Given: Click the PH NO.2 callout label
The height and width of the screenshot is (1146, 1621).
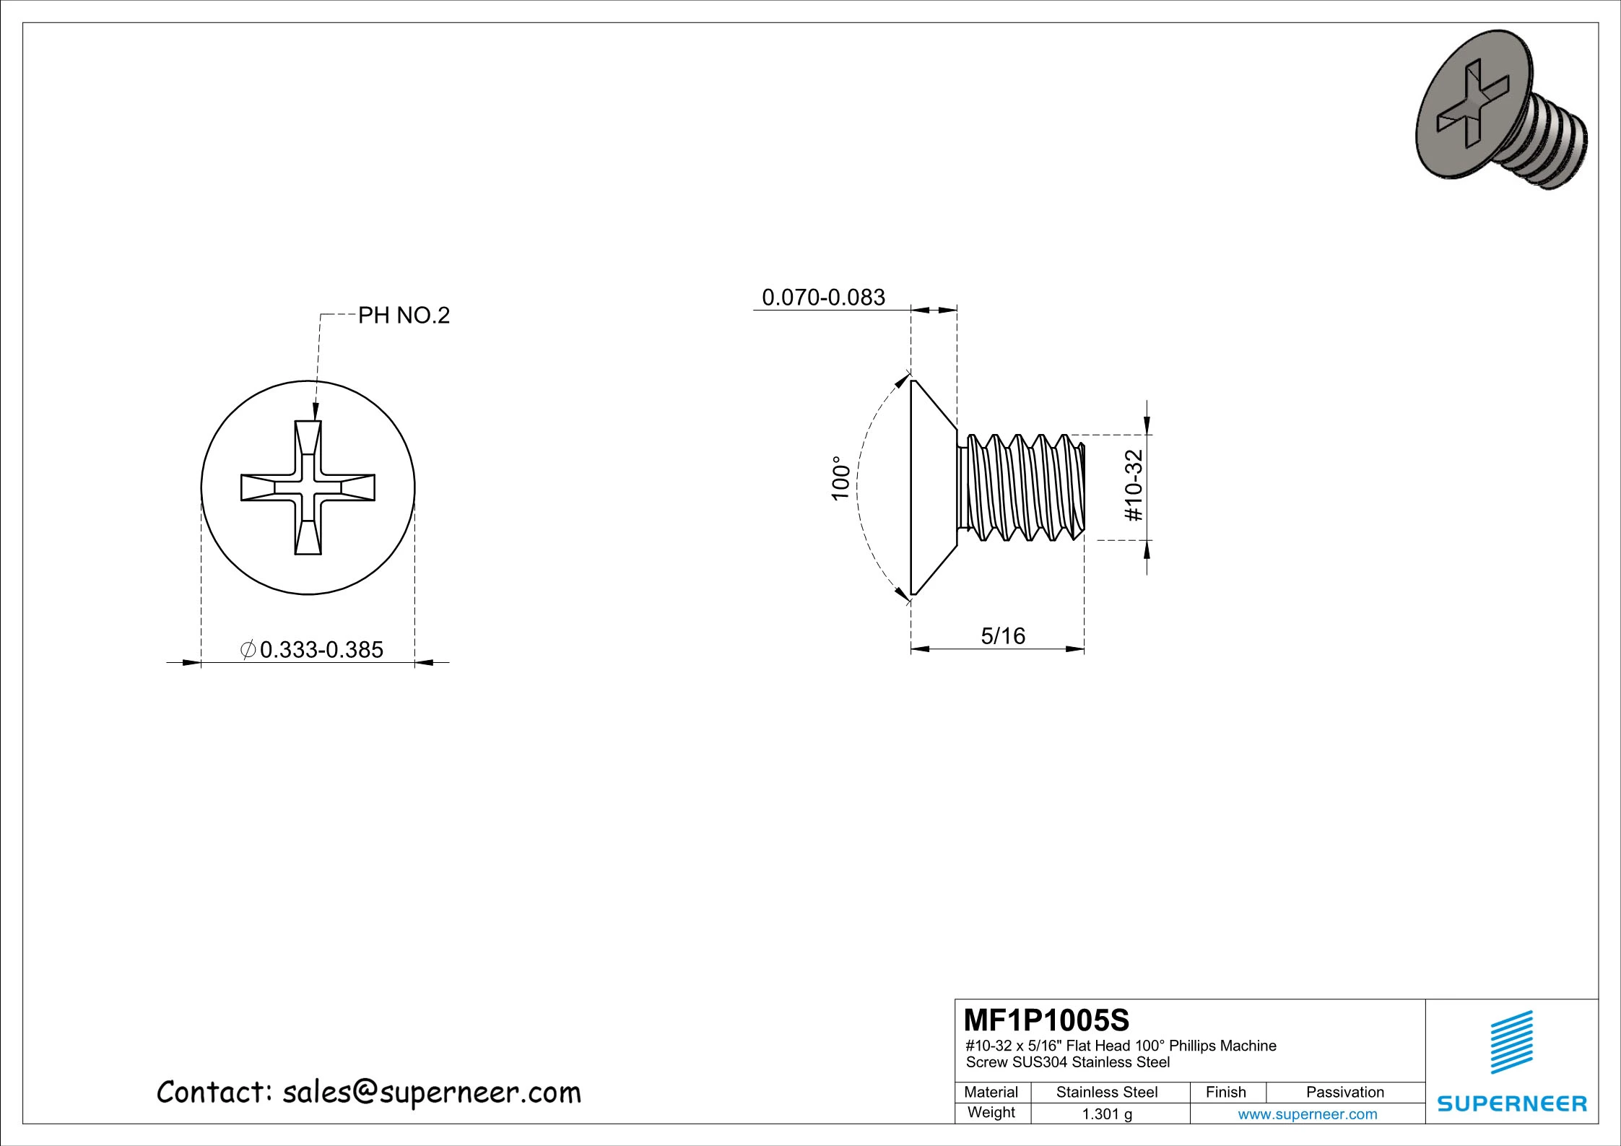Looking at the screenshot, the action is (x=404, y=315).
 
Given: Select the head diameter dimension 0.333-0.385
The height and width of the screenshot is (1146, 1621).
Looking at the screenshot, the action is (x=321, y=650).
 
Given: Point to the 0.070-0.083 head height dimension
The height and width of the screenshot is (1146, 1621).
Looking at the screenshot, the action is (x=824, y=298).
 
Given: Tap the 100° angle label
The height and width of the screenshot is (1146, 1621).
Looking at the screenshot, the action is (x=841, y=478).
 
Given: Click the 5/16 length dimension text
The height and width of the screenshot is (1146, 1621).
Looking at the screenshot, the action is (x=1003, y=636).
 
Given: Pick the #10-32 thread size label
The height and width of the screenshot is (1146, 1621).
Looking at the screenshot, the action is (x=1134, y=485).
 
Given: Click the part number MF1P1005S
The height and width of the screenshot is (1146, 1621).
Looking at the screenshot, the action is (x=1046, y=1020).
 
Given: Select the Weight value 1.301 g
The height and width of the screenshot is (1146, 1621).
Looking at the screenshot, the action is (x=1107, y=1114).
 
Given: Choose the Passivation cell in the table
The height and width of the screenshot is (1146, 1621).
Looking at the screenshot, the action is (x=1345, y=1092).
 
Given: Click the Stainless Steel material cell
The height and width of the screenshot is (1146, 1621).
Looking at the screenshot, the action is (x=1107, y=1092).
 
